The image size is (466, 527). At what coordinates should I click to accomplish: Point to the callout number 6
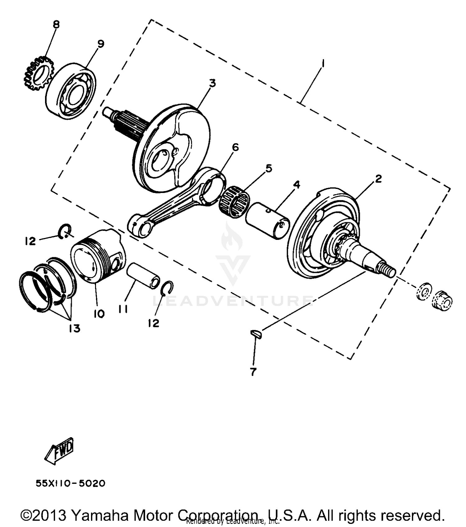[235, 147]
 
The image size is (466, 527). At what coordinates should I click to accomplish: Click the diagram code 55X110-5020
[71, 483]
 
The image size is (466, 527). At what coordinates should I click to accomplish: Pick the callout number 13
[75, 328]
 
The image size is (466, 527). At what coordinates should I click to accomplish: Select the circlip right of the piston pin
[167, 287]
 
